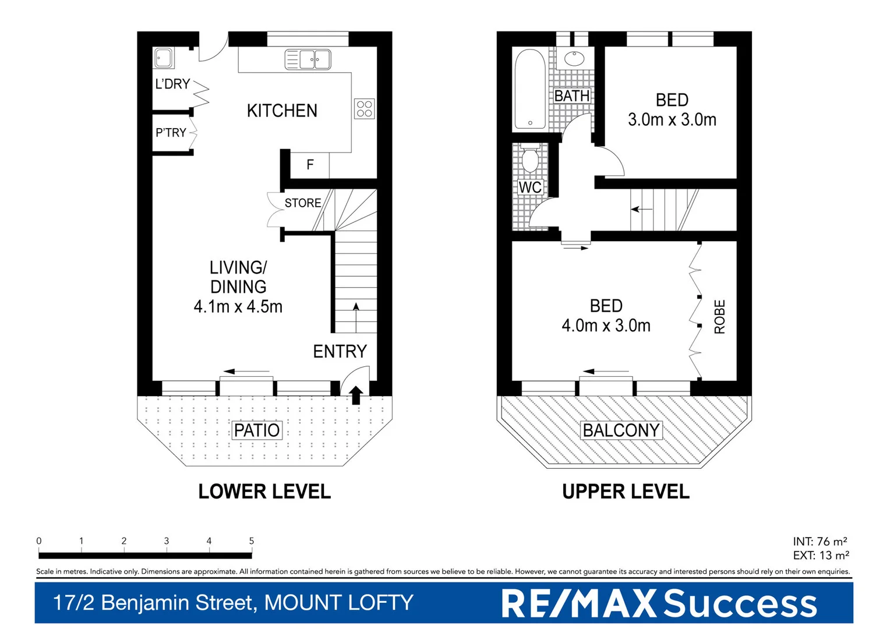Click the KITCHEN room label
[282, 111]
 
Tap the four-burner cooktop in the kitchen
[365, 109]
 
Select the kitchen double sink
[308, 59]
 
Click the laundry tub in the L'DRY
[164, 58]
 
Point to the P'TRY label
[171, 133]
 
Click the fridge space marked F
[310, 165]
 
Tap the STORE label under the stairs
[303, 203]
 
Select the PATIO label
[257, 430]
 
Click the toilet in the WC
[530, 160]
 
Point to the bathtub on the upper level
[530, 89]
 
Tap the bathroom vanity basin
[575, 58]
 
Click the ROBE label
[720, 317]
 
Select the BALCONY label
[621, 430]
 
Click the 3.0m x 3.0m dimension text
[672, 120]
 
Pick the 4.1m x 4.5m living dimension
[238, 306]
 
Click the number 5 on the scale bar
[252, 541]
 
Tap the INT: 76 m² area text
[820, 542]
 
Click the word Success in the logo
[740, 603]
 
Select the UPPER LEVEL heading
[626, 492]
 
